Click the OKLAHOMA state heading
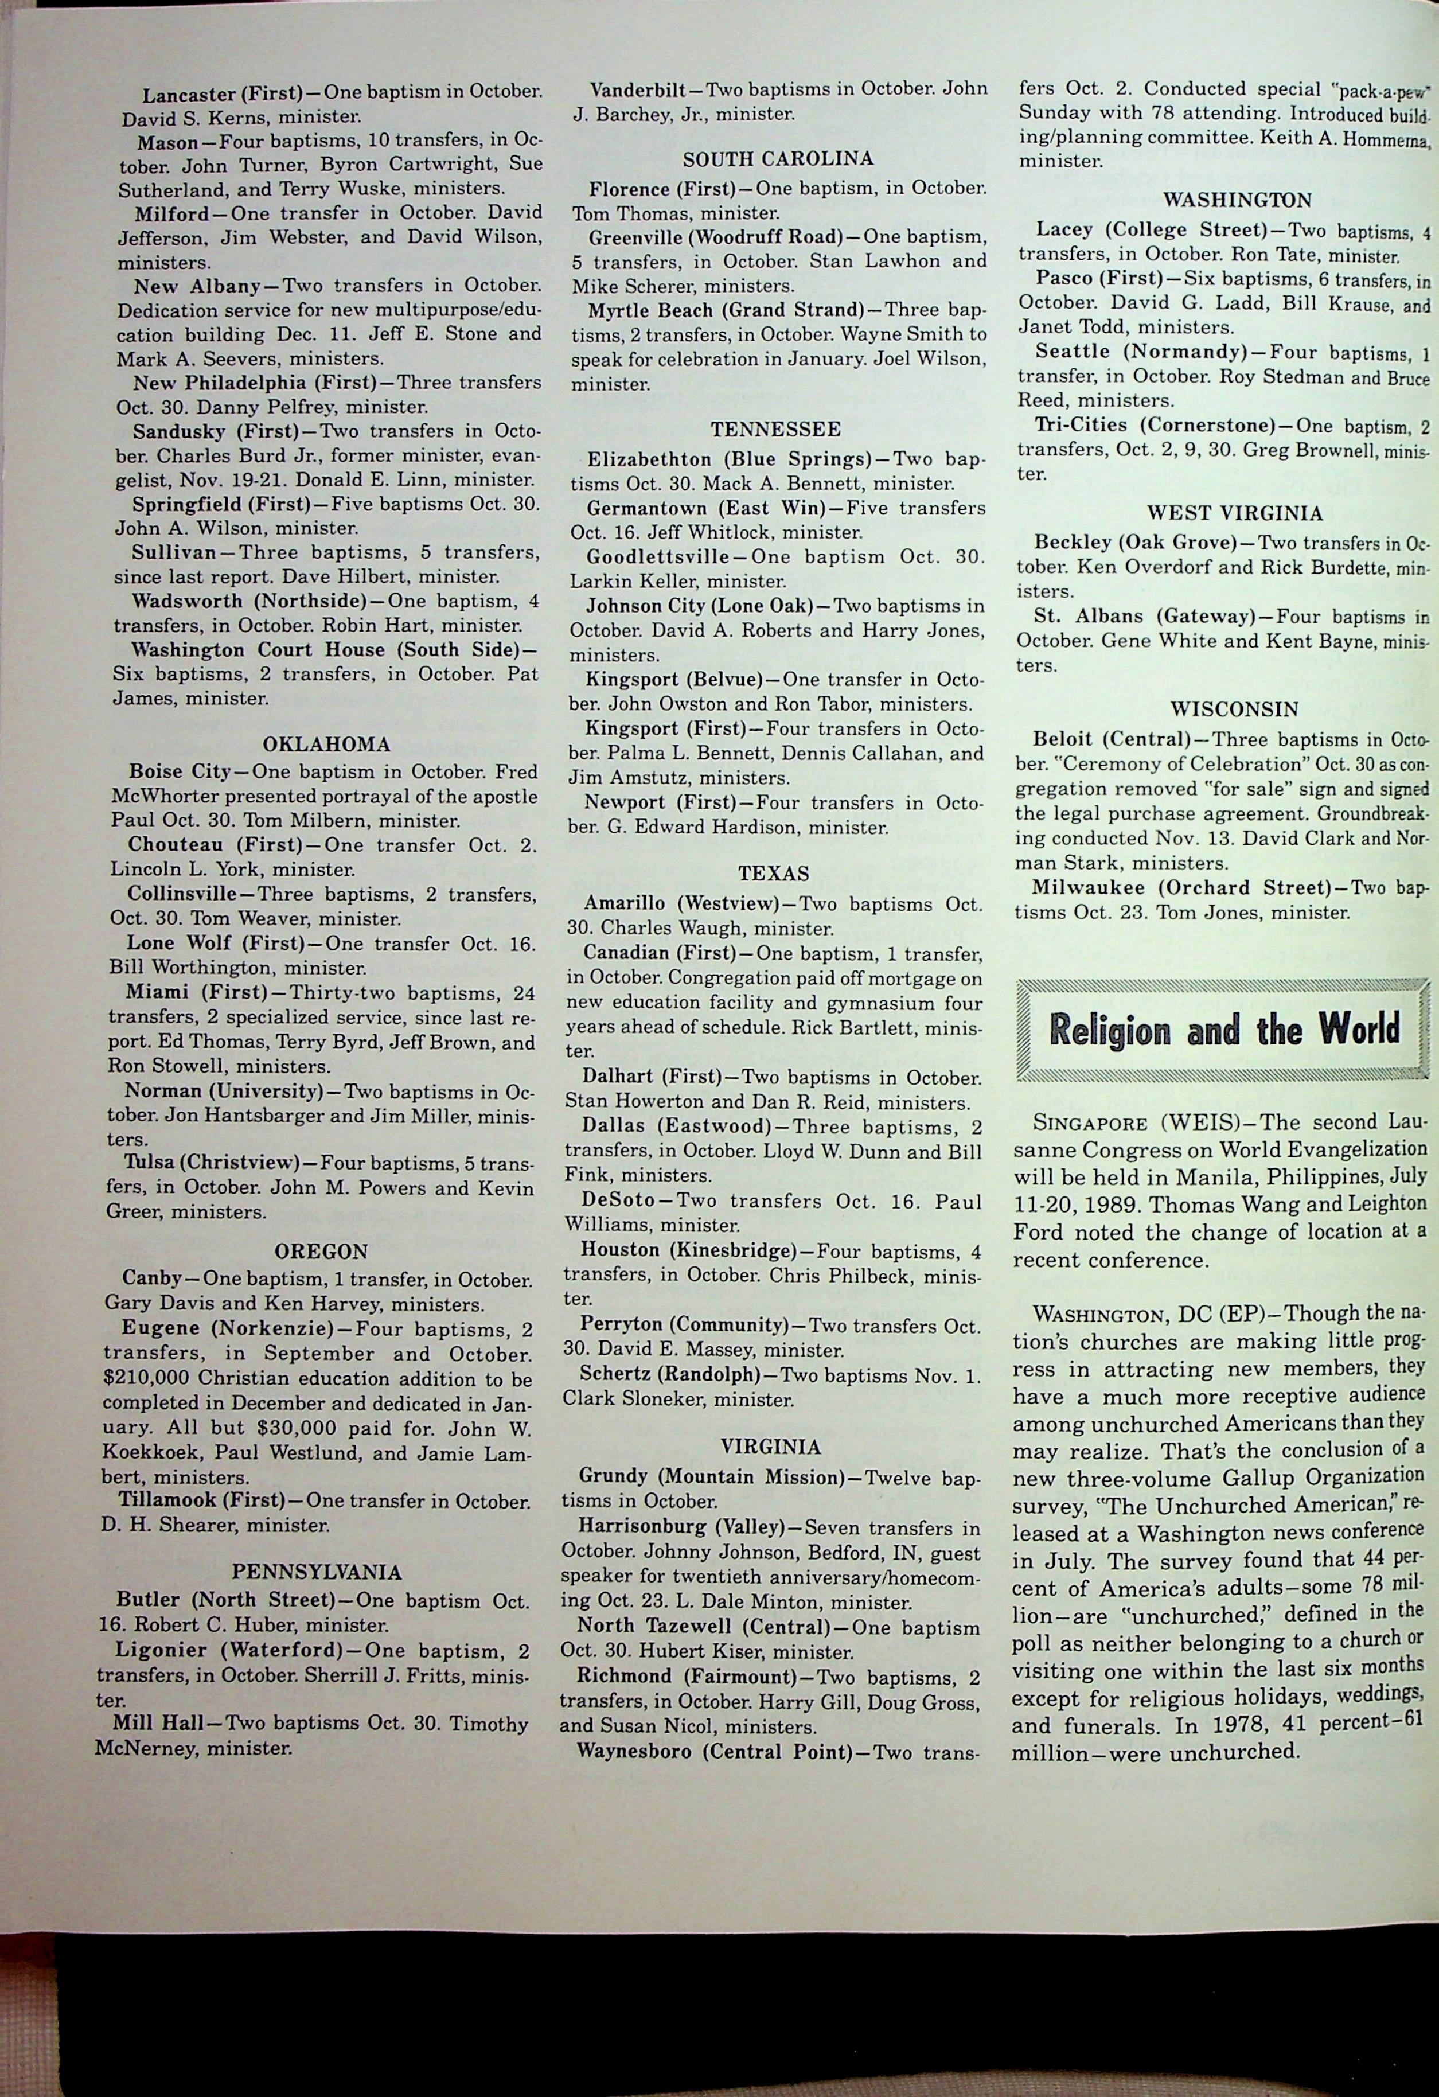click(326, 745)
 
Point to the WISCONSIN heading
click(1235, 709)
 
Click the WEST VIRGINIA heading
click(1235, 513)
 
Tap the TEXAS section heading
click(773, 874)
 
